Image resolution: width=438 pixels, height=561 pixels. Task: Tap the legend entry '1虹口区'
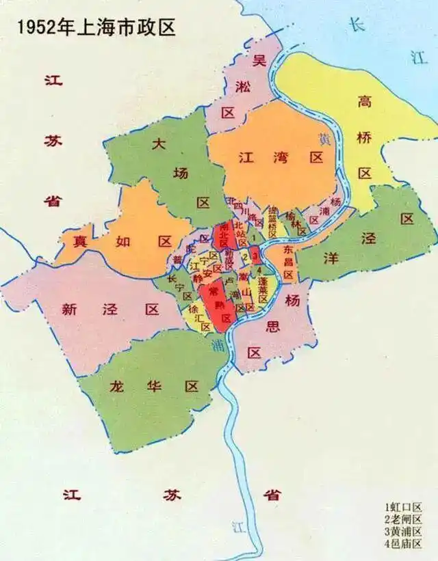(403, 507)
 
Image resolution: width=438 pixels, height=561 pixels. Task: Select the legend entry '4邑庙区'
(403, 544)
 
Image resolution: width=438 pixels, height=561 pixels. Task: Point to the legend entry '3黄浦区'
(403, 532)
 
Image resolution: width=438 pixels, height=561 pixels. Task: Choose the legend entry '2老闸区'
(403, 519)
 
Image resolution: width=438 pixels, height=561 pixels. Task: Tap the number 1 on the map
(254, 237)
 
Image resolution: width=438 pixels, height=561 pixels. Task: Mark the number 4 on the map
(259, 270)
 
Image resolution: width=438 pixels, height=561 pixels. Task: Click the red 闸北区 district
(222, 236)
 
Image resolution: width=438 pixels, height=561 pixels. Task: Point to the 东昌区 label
(287, 262)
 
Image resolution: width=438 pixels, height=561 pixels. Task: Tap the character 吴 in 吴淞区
(259, 60)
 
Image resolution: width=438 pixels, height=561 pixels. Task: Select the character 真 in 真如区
(81, 241)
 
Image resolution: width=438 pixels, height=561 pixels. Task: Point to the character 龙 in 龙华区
(118, 386)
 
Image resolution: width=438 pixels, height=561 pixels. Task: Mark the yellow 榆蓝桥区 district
(272, 223)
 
